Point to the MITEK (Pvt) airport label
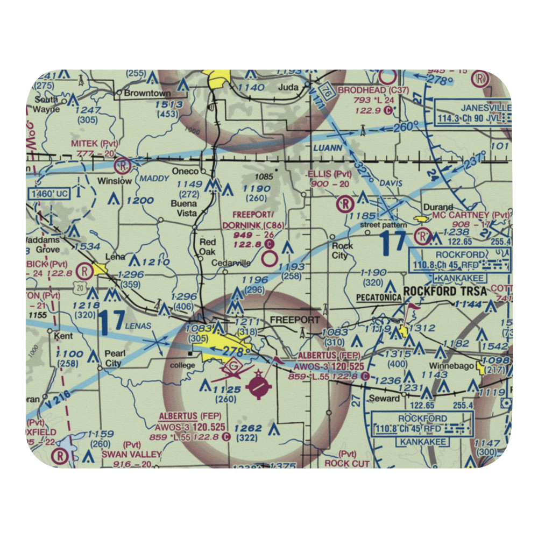tap(95, 144)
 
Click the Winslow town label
tap(114, 181)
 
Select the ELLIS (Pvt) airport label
tap(329, 174)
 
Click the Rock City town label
tap(342, 250)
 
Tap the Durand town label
tap(438, 207)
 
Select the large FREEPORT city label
tap(295, 320)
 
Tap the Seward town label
tap(384, 398)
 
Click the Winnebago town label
tap(463, 366)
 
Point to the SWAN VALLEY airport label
tap(131, 455)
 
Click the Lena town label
tap(115, 257)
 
